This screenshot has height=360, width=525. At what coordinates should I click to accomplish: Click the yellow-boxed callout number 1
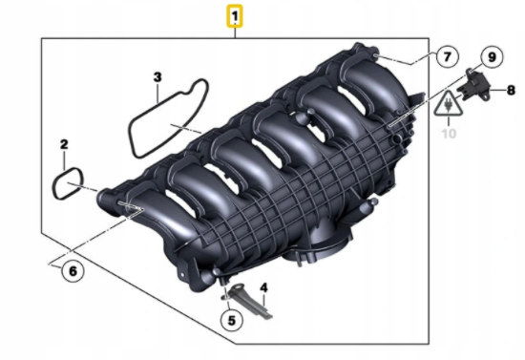pos(235,15)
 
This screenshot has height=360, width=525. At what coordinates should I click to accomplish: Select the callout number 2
pos(64,144)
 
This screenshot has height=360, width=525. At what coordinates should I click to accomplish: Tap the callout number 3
pos(157,77)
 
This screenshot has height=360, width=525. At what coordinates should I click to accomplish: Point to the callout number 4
pos(263,287)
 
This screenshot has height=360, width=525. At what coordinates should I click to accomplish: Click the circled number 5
pos(232,321)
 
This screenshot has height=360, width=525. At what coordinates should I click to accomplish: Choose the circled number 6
pos(73,271)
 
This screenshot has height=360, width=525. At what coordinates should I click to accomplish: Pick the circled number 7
pos(448,56)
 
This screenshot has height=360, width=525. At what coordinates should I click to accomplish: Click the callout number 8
pos(511,90)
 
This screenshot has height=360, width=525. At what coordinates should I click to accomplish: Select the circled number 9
pos(492,57)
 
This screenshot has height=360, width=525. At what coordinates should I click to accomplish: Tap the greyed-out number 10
pos(449,134)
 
